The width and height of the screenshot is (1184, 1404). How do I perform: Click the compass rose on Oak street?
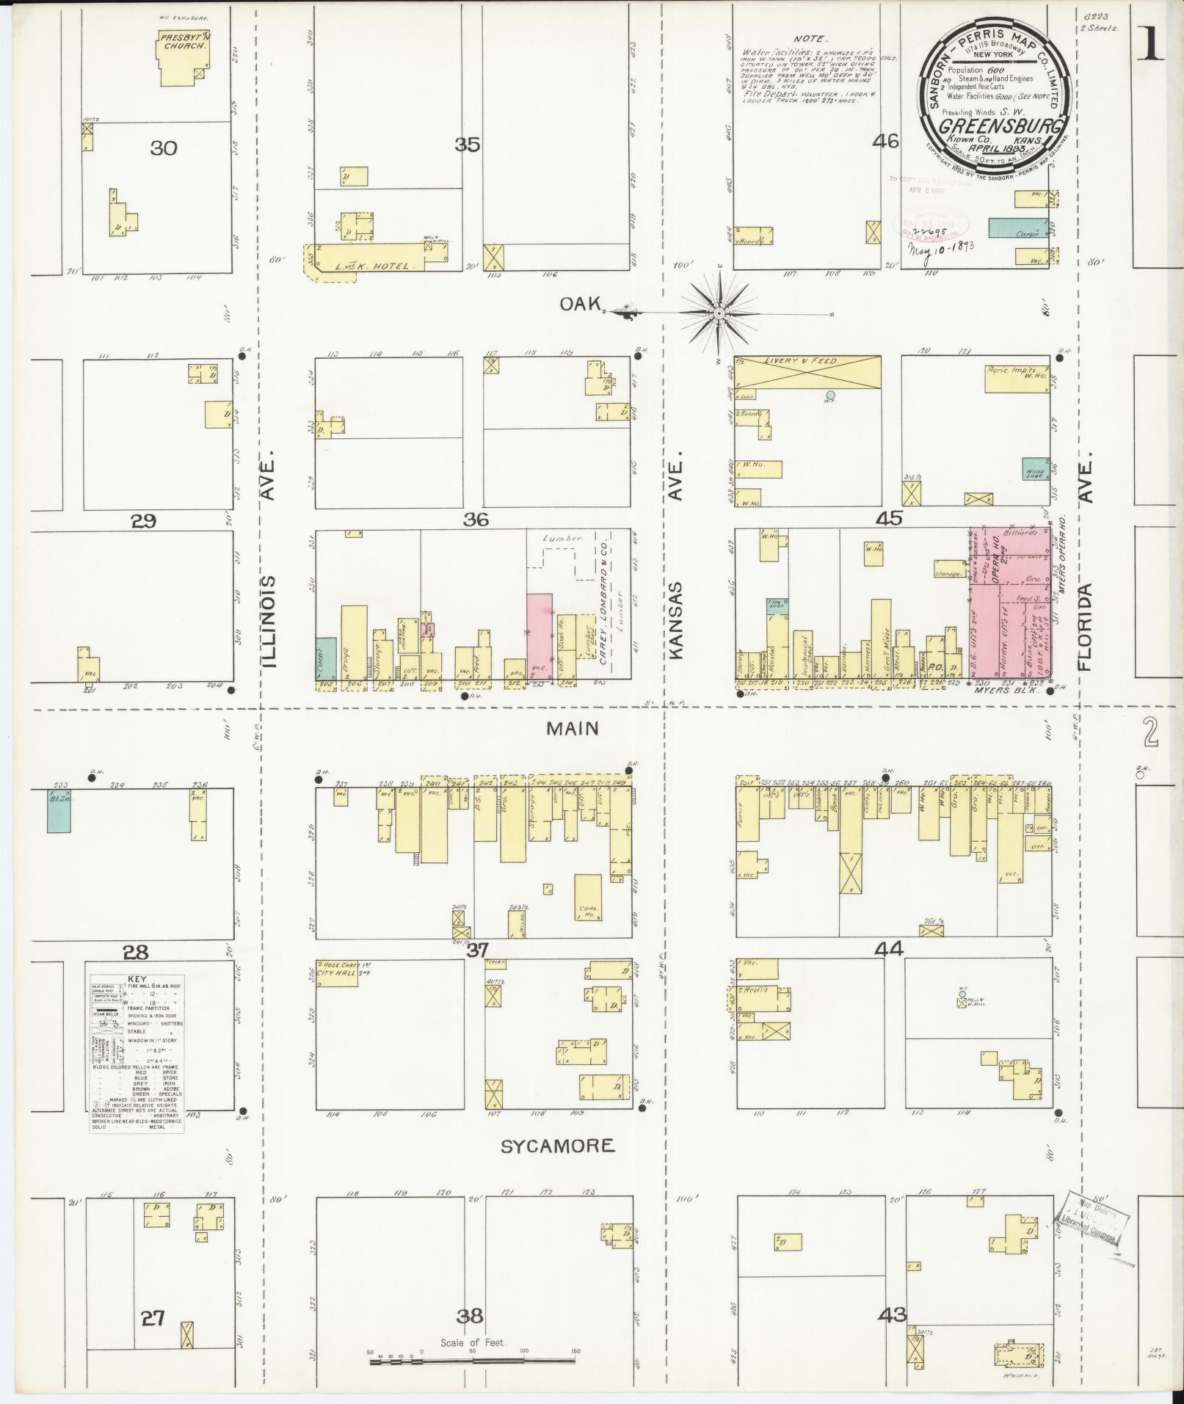(720, 313)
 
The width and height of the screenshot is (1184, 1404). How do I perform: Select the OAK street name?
(581, 303)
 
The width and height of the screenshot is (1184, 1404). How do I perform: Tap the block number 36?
(475, 520)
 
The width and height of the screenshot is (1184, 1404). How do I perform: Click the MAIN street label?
(573, 728)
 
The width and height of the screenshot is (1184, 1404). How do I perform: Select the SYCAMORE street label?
(557, 1146)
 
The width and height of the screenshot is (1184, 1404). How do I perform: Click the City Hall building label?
(335, 972)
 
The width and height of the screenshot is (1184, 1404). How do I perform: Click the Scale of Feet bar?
(474, 1361)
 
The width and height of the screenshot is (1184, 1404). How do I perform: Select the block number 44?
(888, 949)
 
